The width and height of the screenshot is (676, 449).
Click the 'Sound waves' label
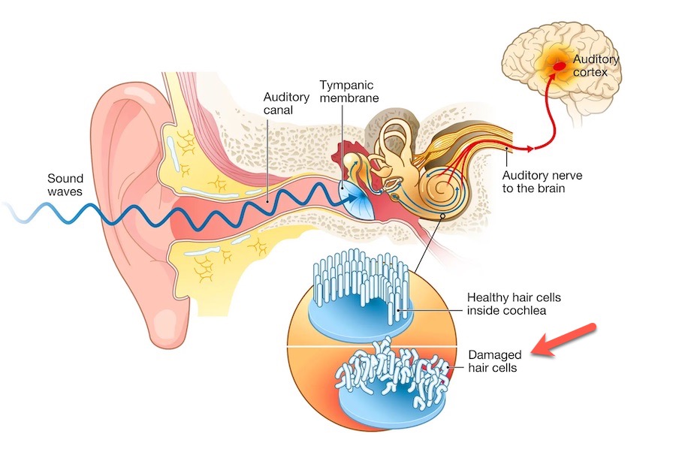click(x=65, y=185)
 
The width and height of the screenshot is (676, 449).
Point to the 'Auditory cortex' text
click(x=596, y=65)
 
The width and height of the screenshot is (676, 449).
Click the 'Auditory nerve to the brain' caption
click(x=542, y=182)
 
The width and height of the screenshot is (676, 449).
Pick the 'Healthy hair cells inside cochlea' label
click(x=514, y=304)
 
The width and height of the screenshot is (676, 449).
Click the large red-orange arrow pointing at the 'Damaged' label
click(x=564, y=341)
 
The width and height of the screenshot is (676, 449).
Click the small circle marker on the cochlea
click(x=444, y=218)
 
